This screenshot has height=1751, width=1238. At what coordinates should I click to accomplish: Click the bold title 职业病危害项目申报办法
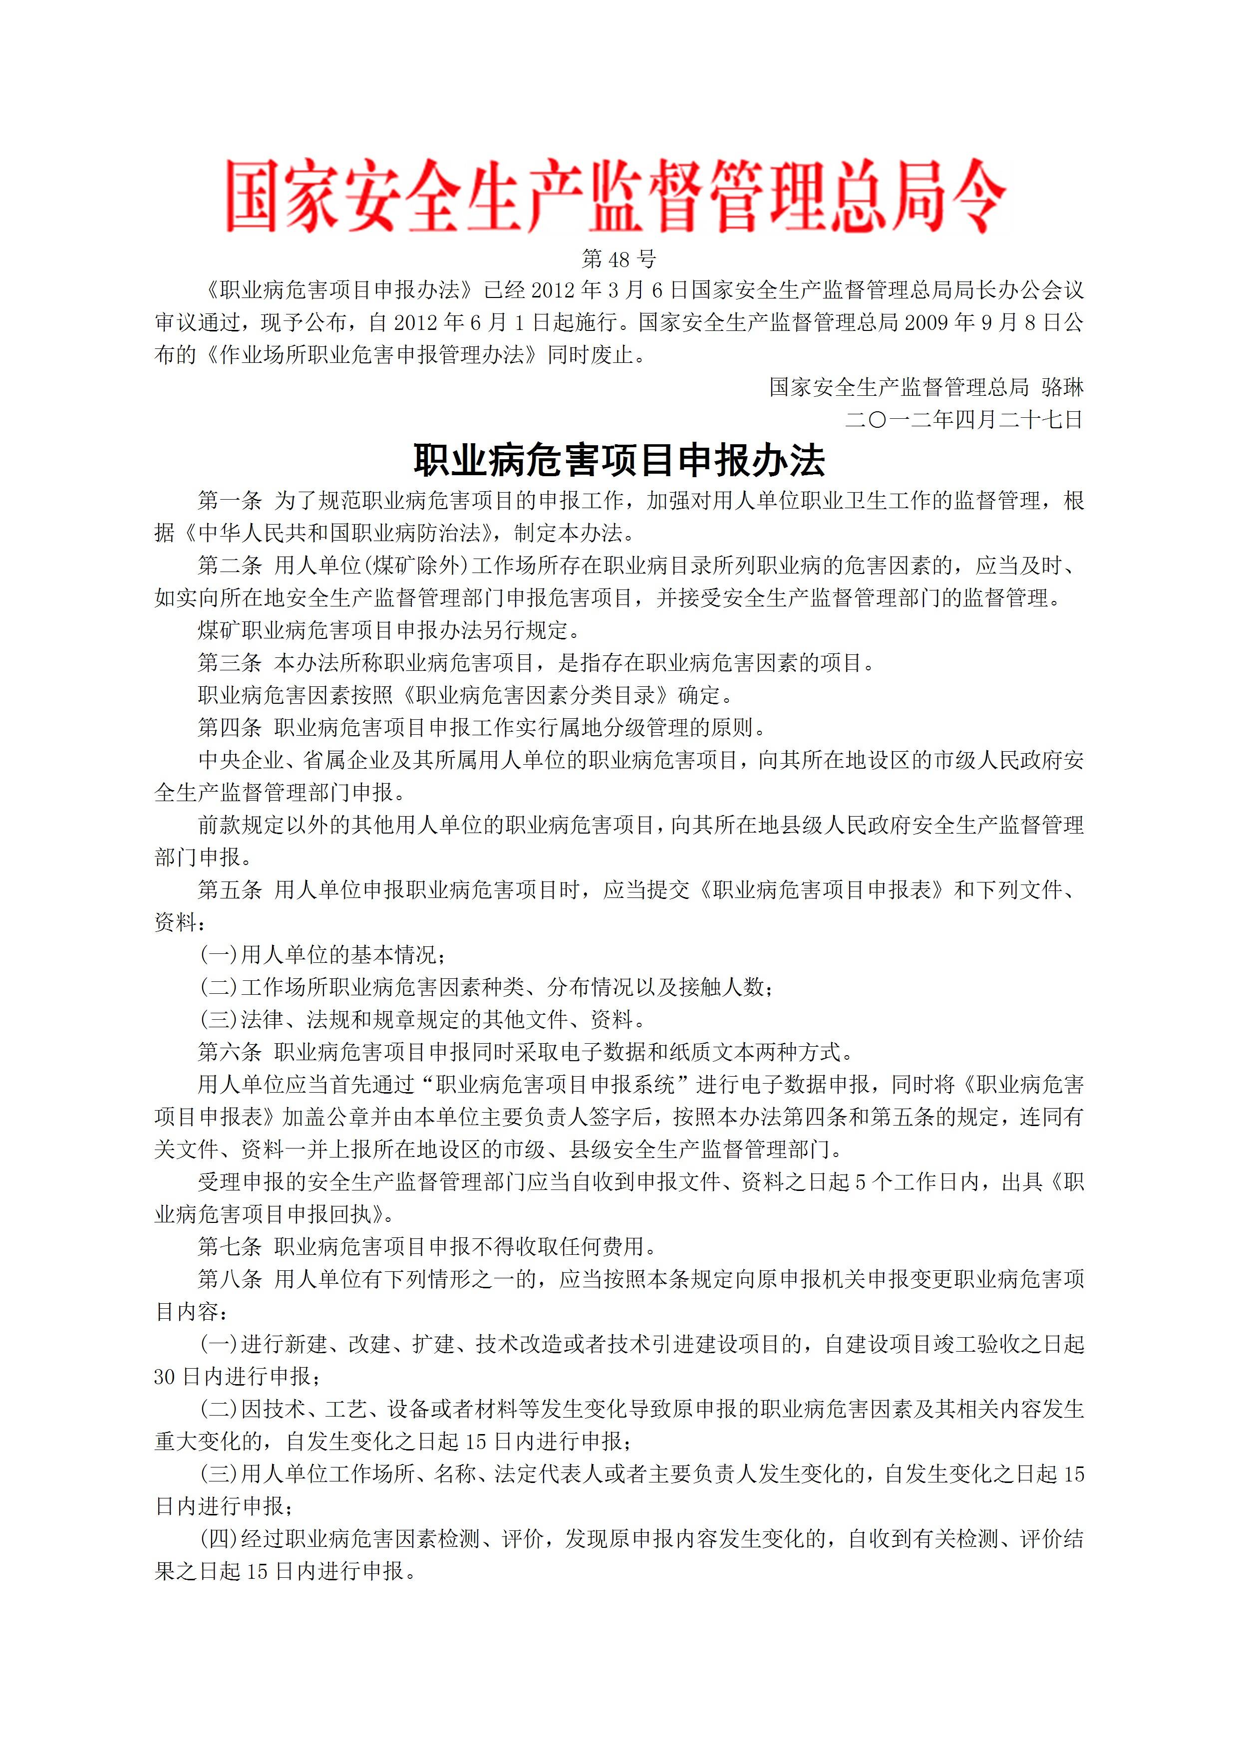pyautogui.click(x=619, y=461)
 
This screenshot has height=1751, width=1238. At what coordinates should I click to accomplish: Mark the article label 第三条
pyautogui.click(x=230, y=663)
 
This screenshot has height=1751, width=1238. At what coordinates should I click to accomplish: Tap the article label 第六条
pyautogui.click(x=230, y=1052)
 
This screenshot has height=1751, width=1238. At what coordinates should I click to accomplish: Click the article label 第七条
pyautogui.click(x=230, y=1247)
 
